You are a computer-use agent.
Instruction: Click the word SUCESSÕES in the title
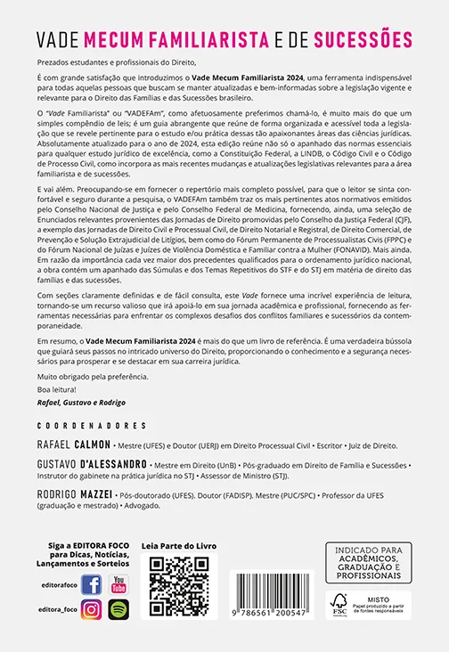pos(358,40)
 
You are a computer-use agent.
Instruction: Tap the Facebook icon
pos(91,584)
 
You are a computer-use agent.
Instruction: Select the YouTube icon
pos(118,584)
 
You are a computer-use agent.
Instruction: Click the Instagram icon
pos(91,610)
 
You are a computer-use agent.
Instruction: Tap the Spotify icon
pos(118,610)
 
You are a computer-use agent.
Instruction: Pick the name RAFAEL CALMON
pos(72,444)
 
